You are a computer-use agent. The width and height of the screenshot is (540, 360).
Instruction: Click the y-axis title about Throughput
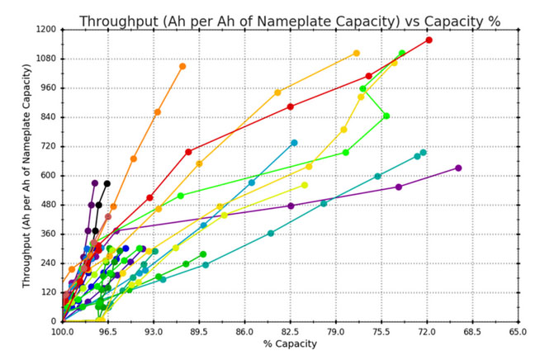[x=28, y=175]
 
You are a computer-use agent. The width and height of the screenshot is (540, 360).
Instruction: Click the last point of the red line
[x=429, y=40]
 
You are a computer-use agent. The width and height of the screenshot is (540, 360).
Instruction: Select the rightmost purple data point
[x=458, y=168]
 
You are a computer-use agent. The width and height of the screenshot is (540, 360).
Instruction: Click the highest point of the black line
[x=107, y=183]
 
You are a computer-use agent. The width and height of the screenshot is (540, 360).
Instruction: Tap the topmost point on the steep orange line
[x=182, y=66]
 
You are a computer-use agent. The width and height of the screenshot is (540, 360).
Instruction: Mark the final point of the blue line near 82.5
[x=294, y=143]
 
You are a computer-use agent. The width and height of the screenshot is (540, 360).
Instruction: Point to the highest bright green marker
[x=402, y=54]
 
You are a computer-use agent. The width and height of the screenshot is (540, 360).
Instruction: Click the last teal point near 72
[x=424, y=153]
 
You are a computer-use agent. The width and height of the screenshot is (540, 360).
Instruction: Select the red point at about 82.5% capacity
[x=291, y=107]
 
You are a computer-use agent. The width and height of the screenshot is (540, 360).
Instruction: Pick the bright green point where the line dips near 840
[x=386, y=116]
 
